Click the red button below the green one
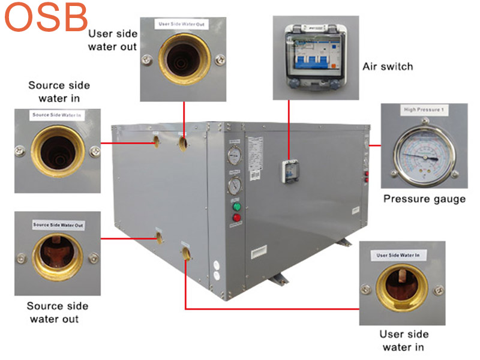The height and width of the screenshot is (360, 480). pyautogui.click(x=236, y=218)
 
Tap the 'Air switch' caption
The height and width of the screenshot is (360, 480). pyautogui.click(x=388, y=66)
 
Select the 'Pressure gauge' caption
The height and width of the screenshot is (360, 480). pyautogui.click(x=424, y=199)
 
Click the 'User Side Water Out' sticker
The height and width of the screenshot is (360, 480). pyautogui.click(x=182, y=25)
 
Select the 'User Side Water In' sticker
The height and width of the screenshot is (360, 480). pyautogui.click(x=401, y=256)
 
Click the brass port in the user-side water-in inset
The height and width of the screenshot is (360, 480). pyautogui.click(x=401, y=289)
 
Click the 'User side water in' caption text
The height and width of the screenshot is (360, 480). pyautogui.click(x=404, y=340)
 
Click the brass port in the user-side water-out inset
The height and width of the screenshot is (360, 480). pyautogui.click(x=182, y=61)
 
